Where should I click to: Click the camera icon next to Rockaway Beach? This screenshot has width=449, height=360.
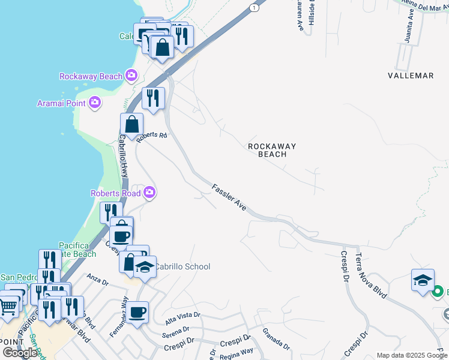coord(131,76)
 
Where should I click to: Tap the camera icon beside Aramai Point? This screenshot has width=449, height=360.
coord(94,103)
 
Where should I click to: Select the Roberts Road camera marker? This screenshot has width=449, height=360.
coord(149,193)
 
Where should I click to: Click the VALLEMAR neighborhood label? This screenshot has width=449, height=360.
coord(411,76)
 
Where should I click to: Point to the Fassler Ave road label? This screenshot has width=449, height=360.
coord(229,197)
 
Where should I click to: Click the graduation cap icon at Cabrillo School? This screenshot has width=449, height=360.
coord(145,266)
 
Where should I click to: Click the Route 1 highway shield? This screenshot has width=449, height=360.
coord(256,7)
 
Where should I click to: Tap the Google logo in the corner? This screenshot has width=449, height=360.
coord(20,353)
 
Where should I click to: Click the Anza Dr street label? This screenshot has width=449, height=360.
coord(97,280)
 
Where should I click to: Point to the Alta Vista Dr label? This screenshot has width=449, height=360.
coord(183,319)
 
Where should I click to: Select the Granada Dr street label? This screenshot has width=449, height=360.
coord(276,338)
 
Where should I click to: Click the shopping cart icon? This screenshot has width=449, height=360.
coord(8,307)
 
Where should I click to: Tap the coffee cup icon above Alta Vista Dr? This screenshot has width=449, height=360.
coord(137,312)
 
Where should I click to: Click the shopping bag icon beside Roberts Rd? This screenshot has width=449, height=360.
coord(131,124)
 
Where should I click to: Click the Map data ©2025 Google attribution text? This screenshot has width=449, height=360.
coord(412,355)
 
